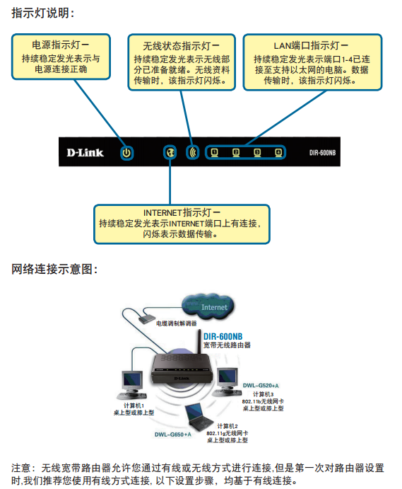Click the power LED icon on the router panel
pos(126,153)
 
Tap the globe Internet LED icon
pos(170,152)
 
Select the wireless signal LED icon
pos(193,152)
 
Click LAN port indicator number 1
pos(214,152)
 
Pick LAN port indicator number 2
pos(236,152)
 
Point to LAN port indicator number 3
pos(257,152)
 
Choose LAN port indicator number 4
pos(278,152)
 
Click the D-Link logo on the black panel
pos(85,152)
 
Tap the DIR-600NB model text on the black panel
pos(322,153)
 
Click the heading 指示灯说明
pos(42,13)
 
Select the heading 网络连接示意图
pos(54,269)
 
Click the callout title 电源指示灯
pos(61,45)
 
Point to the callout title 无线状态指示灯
pos(182,46)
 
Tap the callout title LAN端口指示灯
pos(311,46)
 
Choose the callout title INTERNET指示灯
pos(182,213)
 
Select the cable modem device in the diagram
pos(147,319)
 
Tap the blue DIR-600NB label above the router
pos(223,337)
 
